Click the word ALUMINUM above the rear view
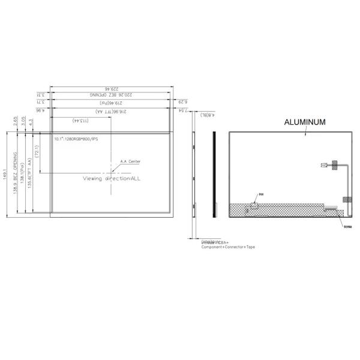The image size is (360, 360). pyautogui.click(x=304, y=122)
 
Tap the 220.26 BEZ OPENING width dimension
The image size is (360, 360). pyautogui.click(x=111, y=95)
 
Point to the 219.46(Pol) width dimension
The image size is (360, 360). pyautogui.click(x=111, y=103)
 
